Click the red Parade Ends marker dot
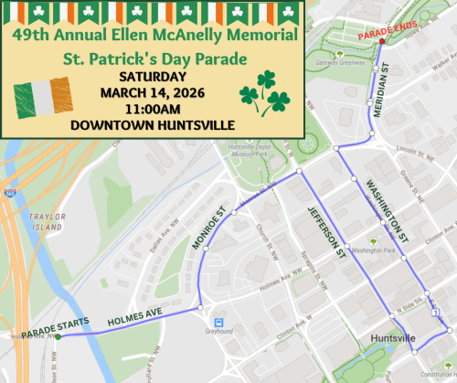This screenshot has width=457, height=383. point(381,42)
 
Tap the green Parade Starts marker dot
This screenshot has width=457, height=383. point(58,336)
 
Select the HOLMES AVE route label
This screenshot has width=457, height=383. point(133,320)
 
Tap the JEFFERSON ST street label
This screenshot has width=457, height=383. point(324,229)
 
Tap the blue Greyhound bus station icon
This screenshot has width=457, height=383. point(219,323)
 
